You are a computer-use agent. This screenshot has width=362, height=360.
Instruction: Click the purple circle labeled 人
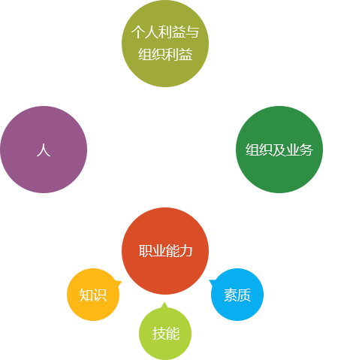(44, 150)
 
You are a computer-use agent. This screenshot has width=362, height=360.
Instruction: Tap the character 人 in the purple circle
(44, 150)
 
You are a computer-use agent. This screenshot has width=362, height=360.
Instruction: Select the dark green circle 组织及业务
(279, 150)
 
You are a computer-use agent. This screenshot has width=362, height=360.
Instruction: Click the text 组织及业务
(279, 150)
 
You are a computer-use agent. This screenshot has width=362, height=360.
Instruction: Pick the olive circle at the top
(165, 44)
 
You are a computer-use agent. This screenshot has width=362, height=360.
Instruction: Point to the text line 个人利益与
(165, 32)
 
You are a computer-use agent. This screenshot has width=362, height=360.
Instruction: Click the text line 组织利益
(165, 54)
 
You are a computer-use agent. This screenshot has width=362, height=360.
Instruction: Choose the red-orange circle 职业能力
(165, 251)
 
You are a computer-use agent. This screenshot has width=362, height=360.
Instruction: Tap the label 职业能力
(165, 251)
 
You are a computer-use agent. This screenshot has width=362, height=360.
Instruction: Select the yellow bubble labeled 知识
(93, 295)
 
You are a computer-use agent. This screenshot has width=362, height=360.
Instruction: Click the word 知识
(93, 295)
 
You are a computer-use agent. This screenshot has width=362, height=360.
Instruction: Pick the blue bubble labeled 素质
(237, 295)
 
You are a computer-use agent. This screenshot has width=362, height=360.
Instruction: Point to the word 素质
(237, 295)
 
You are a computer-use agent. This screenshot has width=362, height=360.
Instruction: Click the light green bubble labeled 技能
(165, 334)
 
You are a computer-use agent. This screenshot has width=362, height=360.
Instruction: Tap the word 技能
(166, 334)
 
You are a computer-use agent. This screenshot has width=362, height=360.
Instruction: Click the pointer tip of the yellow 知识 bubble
(122, 282)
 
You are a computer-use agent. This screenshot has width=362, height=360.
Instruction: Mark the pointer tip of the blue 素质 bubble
(210, 280)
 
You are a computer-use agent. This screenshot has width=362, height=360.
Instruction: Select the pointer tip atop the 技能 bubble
(164, 302)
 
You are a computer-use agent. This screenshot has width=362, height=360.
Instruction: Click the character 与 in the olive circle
(192, 32)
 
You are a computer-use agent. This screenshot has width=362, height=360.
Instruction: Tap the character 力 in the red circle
(186, 251)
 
